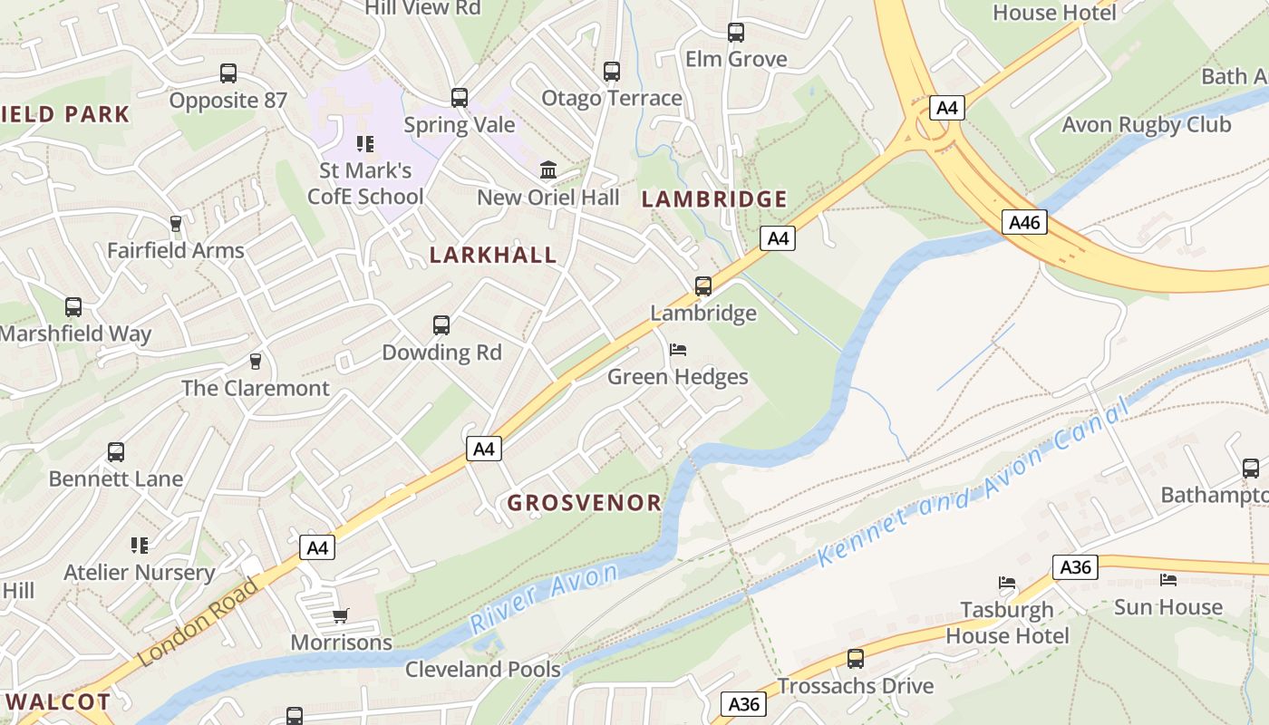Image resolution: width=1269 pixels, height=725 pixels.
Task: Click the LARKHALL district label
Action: (493, 255)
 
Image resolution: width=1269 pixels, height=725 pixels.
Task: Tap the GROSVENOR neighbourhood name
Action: (584, 503)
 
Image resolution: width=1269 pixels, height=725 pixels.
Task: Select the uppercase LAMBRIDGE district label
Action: (714, 199)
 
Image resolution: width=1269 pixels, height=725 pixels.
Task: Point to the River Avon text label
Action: (544, 598)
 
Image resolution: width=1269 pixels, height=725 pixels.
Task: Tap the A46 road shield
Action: (1024, 222)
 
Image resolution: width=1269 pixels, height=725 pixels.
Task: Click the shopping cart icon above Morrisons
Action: (341, 616)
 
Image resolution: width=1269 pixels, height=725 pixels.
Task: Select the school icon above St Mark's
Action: (365, 144)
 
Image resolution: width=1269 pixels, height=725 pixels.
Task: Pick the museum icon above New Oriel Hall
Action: (548, 170)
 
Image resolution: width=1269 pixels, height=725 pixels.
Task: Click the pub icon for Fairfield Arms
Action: (176, 224)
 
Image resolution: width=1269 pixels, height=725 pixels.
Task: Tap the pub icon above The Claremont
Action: (256, 362)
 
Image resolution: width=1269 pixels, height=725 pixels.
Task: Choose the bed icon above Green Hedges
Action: (678, 350)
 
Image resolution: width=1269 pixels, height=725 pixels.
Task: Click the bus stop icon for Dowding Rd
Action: (441, 325)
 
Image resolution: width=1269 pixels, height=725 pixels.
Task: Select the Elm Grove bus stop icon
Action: (736, 33)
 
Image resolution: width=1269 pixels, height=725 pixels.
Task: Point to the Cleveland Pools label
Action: (482, 670)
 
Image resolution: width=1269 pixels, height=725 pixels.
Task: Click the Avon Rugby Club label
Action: (1146, 125)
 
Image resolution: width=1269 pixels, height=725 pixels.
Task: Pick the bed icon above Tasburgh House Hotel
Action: (1007, 583)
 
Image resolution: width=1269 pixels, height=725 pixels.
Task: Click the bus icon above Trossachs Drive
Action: (855, 659)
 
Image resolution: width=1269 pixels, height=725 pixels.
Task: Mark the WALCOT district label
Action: (58, 701)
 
